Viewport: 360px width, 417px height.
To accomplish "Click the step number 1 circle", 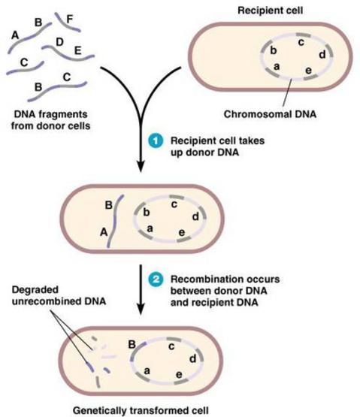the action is (x=156, y=141).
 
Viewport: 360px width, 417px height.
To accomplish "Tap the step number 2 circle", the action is (x=156, y=280).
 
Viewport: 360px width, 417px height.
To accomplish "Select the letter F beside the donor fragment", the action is (x=69, y=19).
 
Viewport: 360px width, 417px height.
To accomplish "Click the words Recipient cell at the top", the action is (x=270, y=11).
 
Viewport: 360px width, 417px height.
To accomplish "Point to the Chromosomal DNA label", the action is (x=270, y=114).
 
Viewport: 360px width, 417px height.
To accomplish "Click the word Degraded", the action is (x=35, y=289).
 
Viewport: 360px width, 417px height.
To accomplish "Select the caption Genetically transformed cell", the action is (x=141, y=410).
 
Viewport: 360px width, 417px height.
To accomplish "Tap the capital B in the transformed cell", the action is (x=132, y=344).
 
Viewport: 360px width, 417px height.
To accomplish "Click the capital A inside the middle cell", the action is (x=104, y=232).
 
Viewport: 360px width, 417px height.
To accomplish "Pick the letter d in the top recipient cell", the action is (x=322, y=55).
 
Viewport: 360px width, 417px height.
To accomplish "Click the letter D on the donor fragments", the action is (x=60, y=42).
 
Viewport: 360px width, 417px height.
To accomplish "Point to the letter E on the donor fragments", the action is (x=77, y=50).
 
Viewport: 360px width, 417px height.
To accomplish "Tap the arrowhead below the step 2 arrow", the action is (x=141, y=310).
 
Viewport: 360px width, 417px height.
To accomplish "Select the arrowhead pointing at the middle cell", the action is (x=141, y=167).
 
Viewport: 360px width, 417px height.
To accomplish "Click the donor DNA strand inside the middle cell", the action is (x=115, y=221).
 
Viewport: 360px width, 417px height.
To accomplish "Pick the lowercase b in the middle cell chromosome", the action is (x=147, y=212).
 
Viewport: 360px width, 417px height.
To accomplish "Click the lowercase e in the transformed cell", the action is (x=179, y=375).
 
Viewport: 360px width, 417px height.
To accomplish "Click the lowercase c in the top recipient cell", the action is (x=301, y=42).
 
